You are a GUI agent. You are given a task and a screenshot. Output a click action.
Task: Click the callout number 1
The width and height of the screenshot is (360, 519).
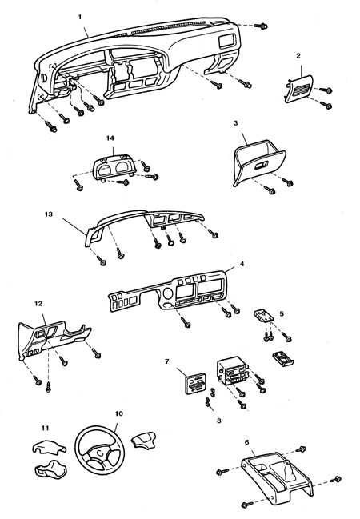(80, 17)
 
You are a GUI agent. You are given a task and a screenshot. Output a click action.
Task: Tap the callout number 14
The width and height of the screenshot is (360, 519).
(110, 138)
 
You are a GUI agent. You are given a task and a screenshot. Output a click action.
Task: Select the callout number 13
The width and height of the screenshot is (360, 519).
(49, 214)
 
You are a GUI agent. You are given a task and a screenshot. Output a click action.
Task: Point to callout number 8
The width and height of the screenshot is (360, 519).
(219, 421)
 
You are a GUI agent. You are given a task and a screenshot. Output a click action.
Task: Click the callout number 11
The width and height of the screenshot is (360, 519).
(46, 428)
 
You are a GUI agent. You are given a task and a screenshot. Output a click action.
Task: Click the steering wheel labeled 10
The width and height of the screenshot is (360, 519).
(100, 448)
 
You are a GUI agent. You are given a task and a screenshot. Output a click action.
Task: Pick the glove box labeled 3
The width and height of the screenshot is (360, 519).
(259, 162)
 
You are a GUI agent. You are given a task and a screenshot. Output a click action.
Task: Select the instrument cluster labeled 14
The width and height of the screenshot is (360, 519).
(114, 168)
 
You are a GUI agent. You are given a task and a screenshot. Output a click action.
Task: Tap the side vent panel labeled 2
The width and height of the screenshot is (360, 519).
(299, 88)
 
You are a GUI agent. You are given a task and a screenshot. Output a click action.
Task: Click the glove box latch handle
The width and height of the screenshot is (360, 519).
(260, 166)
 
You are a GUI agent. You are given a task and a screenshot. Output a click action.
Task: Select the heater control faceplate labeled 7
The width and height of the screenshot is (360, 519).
(195, 383)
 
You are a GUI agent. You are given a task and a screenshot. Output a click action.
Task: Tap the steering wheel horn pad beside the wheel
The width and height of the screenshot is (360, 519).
(143, 440)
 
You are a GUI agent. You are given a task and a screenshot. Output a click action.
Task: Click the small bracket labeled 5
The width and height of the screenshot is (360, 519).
(264, 315)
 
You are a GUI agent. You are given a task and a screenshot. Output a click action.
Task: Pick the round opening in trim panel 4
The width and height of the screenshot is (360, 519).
(167, 293)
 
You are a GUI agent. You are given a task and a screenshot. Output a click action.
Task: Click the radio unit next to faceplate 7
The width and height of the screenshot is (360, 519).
(233, 371)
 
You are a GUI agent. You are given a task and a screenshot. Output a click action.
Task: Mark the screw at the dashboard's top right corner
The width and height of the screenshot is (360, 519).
(261, 26)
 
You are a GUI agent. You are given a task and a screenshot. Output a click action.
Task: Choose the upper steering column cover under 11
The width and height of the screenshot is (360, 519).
(49, 447)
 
